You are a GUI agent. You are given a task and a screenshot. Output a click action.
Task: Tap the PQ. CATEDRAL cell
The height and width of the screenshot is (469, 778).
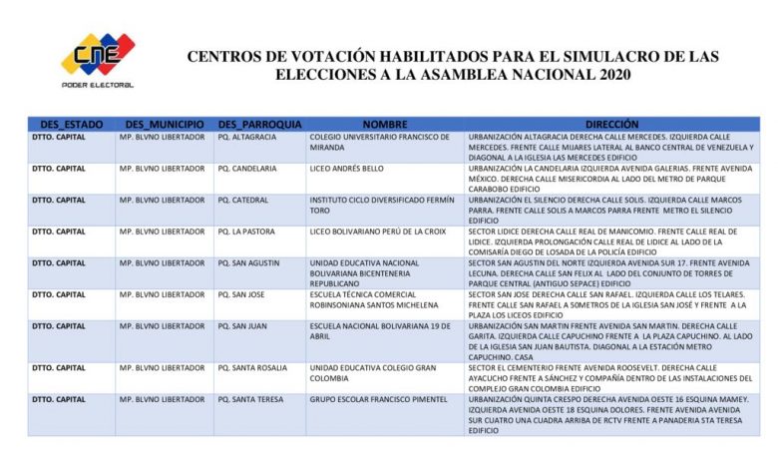(x=245, y=200)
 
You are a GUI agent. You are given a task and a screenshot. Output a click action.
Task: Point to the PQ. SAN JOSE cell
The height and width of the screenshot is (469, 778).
(x=240, y=294)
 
